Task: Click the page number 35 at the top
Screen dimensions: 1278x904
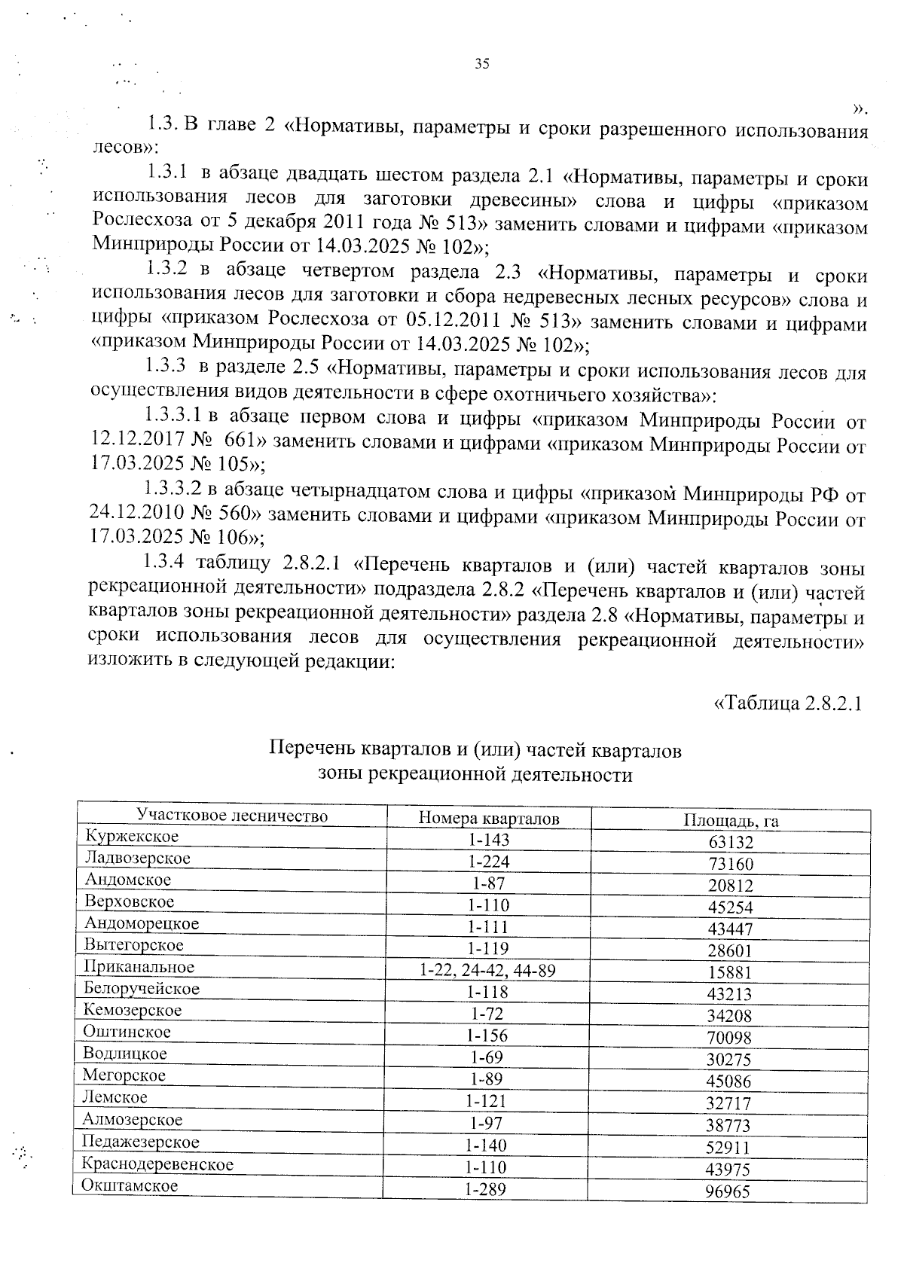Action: coord(482,64)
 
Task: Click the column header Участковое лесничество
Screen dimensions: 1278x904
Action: coord(232,816)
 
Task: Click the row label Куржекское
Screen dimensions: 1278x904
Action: coord(132,837)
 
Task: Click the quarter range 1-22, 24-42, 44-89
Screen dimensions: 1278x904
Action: coord(487,971)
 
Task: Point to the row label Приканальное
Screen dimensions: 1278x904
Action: coord(139,967)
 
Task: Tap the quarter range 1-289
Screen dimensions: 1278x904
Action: coord(485,1189)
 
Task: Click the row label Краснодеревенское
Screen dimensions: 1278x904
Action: coord(158,1164)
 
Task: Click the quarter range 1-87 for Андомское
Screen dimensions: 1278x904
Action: coord(487,883)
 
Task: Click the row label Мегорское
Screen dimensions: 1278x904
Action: coord(124,1075)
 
